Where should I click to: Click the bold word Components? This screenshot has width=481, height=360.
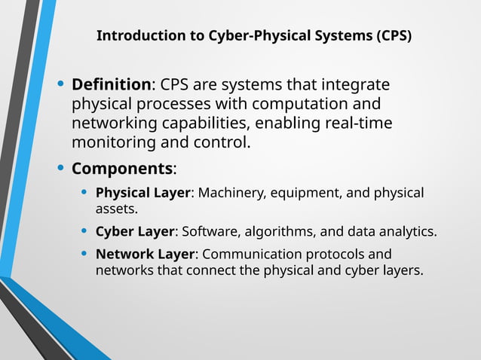pyautogui.click(x=121, y=168)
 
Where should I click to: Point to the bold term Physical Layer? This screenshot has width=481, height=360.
pyautogui.click(x=142, y=193)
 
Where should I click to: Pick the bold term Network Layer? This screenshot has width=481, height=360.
pyautogui.click(x=144, y=254)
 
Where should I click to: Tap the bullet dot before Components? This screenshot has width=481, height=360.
pyautogui.click(x=61, y=167)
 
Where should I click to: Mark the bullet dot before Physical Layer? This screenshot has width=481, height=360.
pyautogui.click(x=85, y=193)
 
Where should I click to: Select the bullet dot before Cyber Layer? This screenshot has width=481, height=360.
pyautogui.click(x=85, y=230)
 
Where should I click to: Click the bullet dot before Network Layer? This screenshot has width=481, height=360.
pyautogui.click(x=85, y=254)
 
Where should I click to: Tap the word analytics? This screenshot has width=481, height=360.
pyautogui.click(x=408, y=230)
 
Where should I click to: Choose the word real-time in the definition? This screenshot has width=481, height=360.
pyautogui.click(x=359, y=123)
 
